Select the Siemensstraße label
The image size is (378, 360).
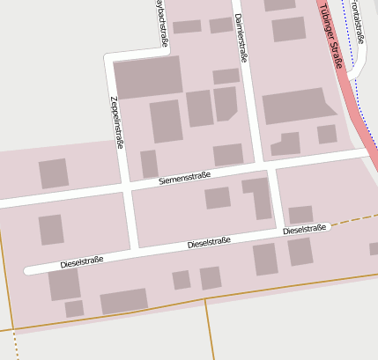tap(184, 178)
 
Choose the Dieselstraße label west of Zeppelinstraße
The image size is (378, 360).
tap(82, 261)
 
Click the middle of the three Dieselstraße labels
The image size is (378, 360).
tap(209, 243)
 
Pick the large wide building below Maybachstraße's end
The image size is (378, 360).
tap(148, 77)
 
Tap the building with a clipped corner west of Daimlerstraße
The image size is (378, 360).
tap(226, 103)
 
